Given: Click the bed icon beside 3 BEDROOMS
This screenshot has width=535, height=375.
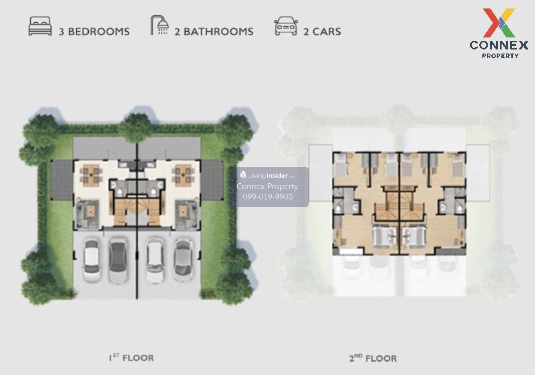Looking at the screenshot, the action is click(x=40, y=26).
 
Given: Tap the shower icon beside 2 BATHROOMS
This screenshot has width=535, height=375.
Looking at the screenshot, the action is click(x=159, y=25).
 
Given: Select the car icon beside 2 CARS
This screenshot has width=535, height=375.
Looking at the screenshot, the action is click(x=286, y=26).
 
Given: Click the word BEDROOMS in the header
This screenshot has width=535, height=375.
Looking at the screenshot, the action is click(x=99, y=32).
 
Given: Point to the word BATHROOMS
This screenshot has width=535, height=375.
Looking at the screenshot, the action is click(x=218, y=32).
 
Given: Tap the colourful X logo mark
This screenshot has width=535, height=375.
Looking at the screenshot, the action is click(x=499, y=23).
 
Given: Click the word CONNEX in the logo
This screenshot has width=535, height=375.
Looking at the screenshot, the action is click(x=499, y=45).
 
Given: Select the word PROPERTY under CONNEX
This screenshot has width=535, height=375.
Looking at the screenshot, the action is click(x=500, y=56).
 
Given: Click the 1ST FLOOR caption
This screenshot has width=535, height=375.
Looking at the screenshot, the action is click(x=132, y=358).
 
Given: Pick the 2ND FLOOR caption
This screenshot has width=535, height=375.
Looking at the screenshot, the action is click(x=373, y=359).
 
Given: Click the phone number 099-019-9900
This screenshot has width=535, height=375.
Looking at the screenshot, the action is click(x=268, y=197).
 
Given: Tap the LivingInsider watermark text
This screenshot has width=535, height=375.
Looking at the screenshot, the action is click(x=267, y=176).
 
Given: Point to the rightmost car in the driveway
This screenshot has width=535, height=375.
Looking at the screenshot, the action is click(x=183, y=260).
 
